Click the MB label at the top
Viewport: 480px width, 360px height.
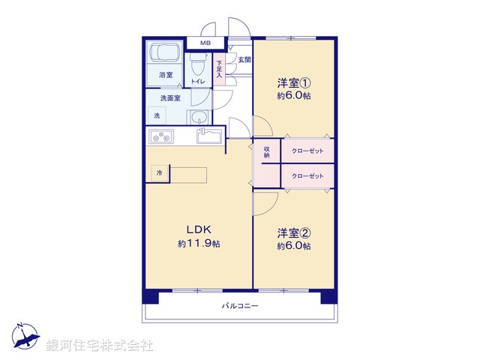205,43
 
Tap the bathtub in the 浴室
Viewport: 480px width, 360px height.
163,55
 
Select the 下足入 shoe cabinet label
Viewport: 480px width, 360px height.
219,70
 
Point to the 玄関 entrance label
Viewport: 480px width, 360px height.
244,59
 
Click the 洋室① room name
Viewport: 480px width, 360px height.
293,84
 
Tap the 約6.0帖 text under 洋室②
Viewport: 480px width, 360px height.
293,246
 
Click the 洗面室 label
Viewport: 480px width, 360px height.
169,98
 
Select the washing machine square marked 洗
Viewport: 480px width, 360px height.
157,115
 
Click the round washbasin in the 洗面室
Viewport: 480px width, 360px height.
199,117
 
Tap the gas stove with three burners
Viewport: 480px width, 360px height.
161,136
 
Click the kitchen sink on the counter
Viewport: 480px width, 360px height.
208,136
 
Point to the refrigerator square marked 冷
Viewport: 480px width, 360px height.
159,173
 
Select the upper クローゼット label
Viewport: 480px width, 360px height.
307,151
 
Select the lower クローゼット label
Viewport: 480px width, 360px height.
307,175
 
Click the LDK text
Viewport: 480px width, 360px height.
199,230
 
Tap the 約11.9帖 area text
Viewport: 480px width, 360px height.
199,244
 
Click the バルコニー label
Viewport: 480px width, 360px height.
239,306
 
